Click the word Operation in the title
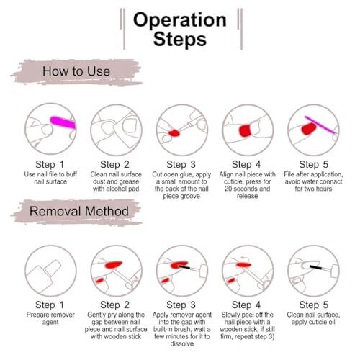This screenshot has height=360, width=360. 180,20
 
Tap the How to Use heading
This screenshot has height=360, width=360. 76,71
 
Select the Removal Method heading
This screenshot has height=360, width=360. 79,211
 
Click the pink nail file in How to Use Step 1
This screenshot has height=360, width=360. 63,122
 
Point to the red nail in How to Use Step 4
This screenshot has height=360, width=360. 245,130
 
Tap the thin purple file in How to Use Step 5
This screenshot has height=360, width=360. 320,125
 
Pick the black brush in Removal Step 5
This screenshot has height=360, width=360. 315,267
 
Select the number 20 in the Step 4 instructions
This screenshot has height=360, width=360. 228,189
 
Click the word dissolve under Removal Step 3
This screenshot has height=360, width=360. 182,343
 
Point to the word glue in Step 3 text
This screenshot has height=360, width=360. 187,175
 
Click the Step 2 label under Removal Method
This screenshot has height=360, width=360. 114,305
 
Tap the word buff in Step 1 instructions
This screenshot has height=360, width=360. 71,174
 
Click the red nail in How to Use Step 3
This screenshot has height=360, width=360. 174,133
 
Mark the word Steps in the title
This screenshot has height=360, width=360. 180,39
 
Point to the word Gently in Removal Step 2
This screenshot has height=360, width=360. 97,315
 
